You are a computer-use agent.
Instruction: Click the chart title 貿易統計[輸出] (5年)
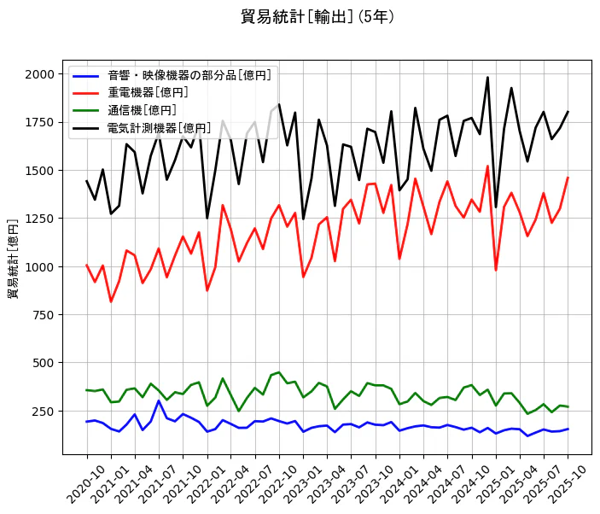pyautogui.click(x=317, y=17)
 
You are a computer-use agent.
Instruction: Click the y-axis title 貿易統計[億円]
pyautogui.click(x=13, y=259)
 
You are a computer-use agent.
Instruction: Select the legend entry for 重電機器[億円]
pyautogui.click(x=148, y=92)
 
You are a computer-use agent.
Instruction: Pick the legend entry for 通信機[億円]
pyautogui.click(x=142, y=110)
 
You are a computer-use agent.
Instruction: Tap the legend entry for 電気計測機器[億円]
pyautogui.click(x=159, y=128)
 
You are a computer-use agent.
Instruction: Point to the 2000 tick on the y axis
pyautogui.click(x=39, y=74)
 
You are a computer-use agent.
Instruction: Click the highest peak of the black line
pyautogui.click(x=487, y=78)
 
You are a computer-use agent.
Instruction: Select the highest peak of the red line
pyautogui.click(x=487, y=166)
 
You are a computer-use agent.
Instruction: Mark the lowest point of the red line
pyautogui.click(x=111, y=301)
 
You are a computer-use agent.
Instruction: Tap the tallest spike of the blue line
pyautogui.click(x=159, y=400)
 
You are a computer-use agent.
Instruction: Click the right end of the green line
pyautogui.click(x=568, y=406)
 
